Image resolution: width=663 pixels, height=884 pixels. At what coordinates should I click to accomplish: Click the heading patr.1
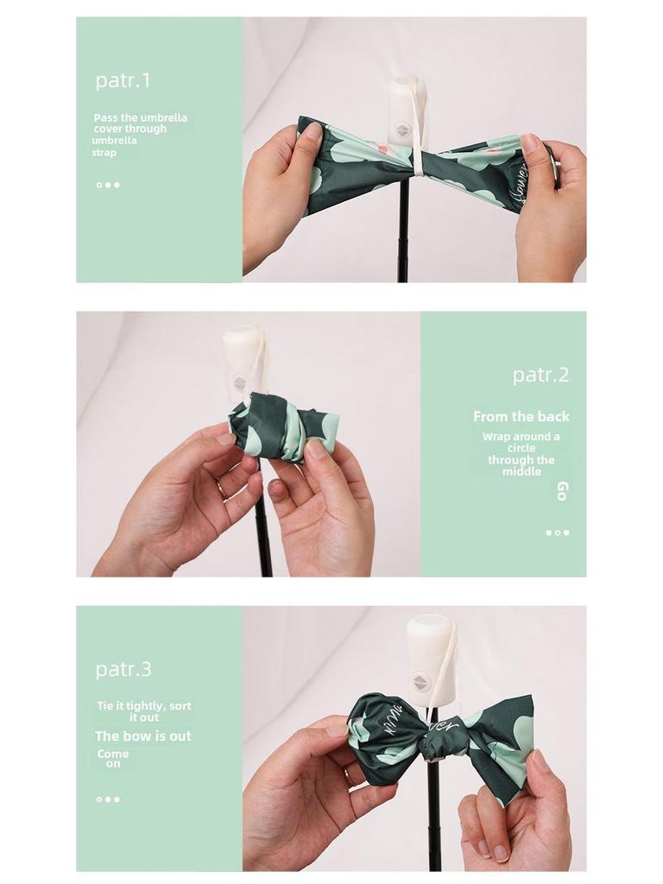[123, 80]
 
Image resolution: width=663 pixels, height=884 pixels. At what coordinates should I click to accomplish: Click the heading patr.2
[540, 375]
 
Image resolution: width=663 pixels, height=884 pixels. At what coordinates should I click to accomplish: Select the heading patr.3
[123, 669]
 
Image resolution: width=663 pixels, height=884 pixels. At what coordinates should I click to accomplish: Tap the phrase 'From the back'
[521, 417]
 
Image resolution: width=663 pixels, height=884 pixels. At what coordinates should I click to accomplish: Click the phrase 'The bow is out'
[143, 736]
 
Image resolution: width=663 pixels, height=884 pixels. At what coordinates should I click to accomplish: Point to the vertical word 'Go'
[561, 491]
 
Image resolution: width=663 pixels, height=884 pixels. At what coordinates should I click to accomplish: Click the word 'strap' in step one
[104, 153]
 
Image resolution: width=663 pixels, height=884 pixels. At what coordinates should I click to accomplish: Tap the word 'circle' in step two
[521, 448]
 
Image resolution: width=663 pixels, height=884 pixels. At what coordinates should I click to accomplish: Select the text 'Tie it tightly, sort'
[144, 706]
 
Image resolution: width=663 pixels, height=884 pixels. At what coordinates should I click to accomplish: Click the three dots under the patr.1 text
[108, 185]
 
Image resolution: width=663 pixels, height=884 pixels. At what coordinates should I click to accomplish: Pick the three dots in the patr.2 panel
[558, 533]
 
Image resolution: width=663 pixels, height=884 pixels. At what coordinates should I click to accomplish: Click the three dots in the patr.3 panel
[108, 799]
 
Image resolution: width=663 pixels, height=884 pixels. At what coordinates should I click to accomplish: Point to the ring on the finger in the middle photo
[221, 487]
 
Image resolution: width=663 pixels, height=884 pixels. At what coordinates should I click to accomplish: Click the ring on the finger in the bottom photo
[349, 774]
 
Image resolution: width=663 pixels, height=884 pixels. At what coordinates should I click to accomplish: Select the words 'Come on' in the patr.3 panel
[113, 759]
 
